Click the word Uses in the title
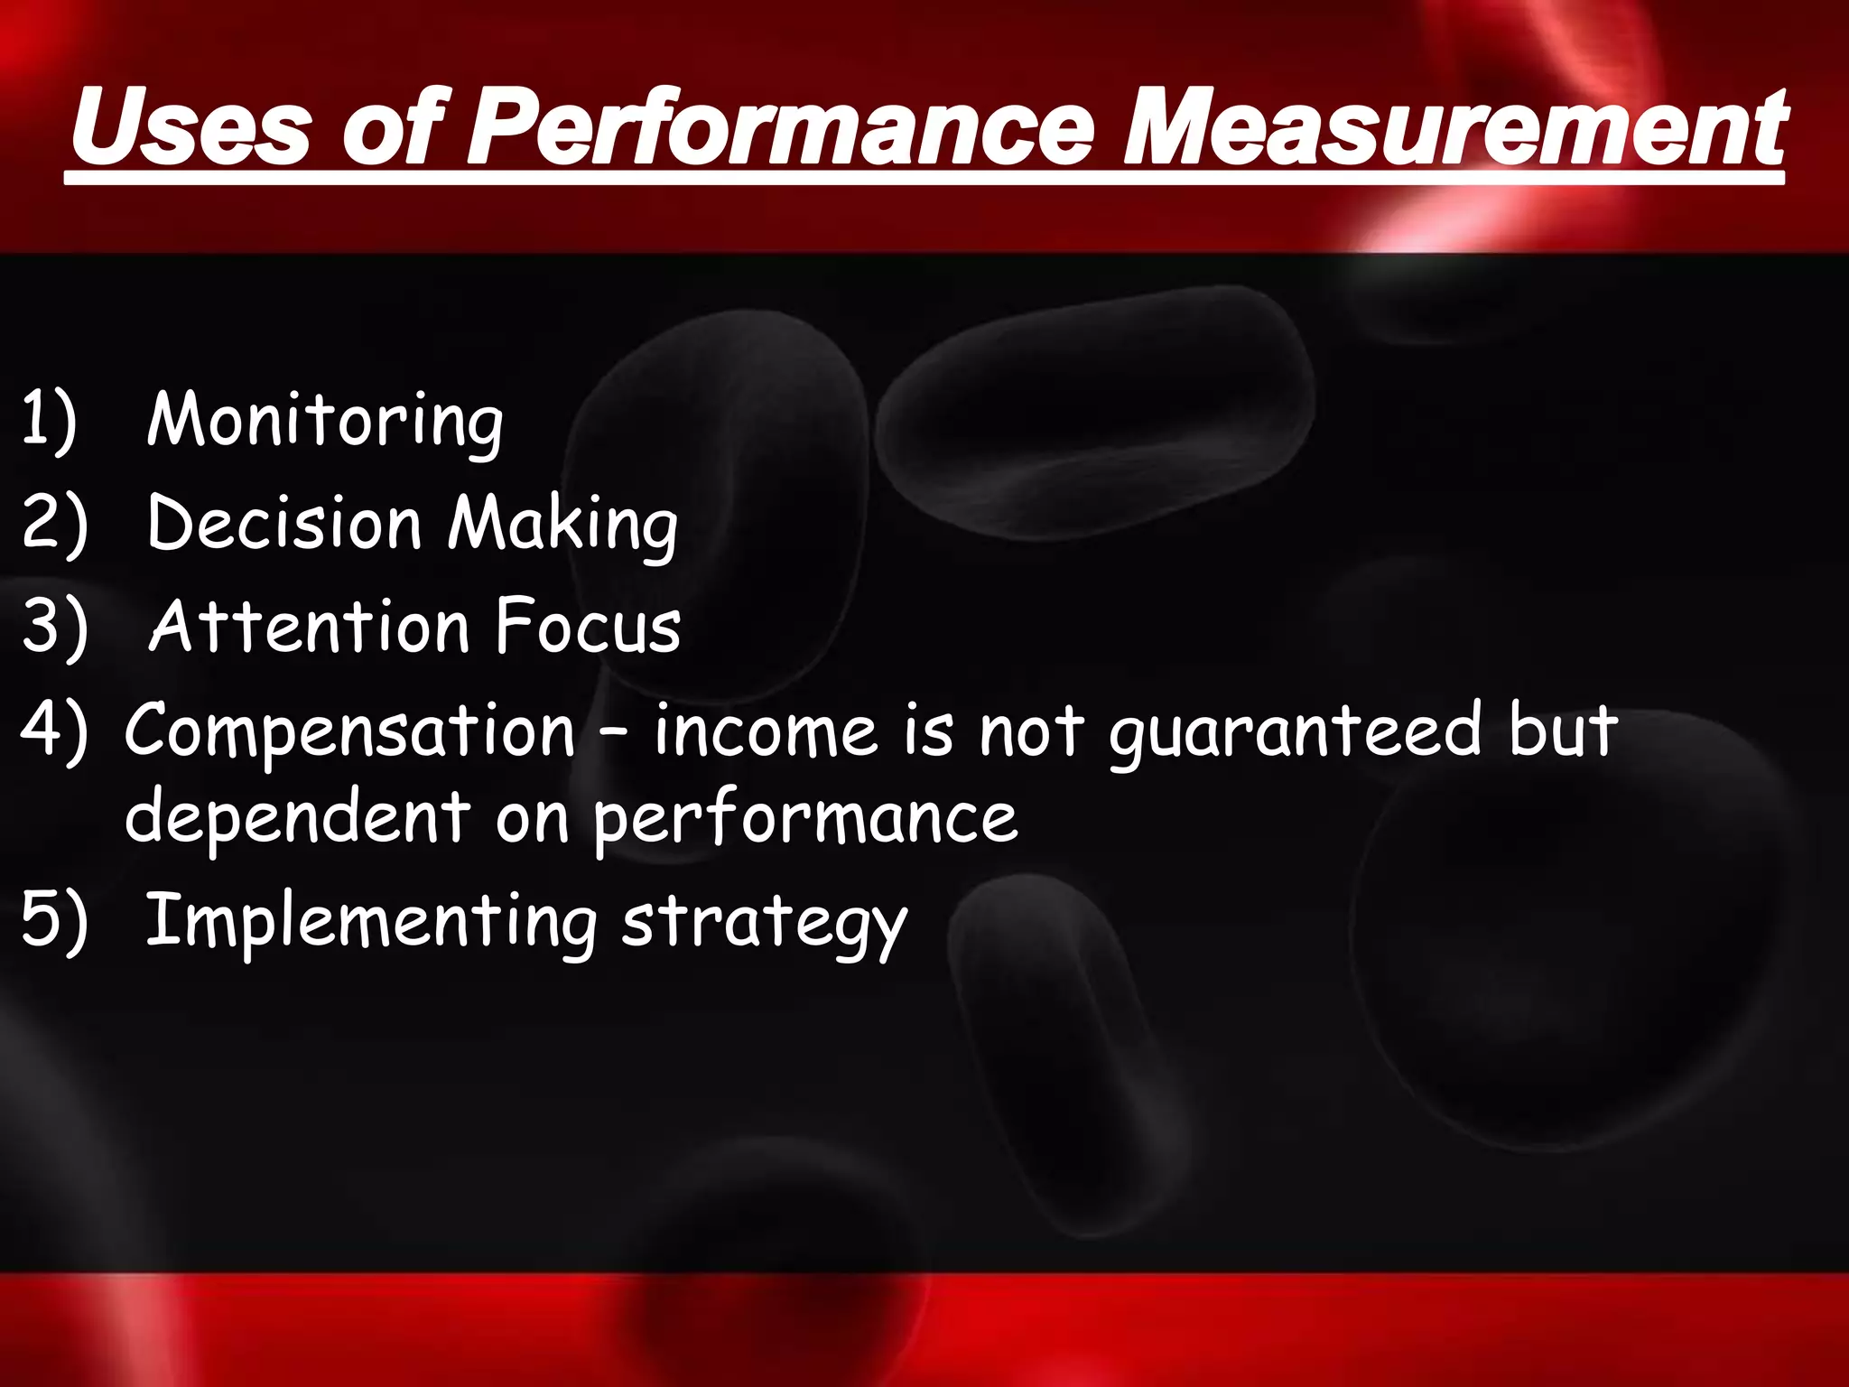pyautogui.click(x=191, y=128)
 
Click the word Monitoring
pyautogui.click(x=325, y=421)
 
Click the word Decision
pyautogui.click(x=283, y=524)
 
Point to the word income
pyautogui.click(x=766, y=730)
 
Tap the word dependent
pyautogui.click(x=298, y=816)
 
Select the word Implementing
pyautogui.click(x=371, y=921)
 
